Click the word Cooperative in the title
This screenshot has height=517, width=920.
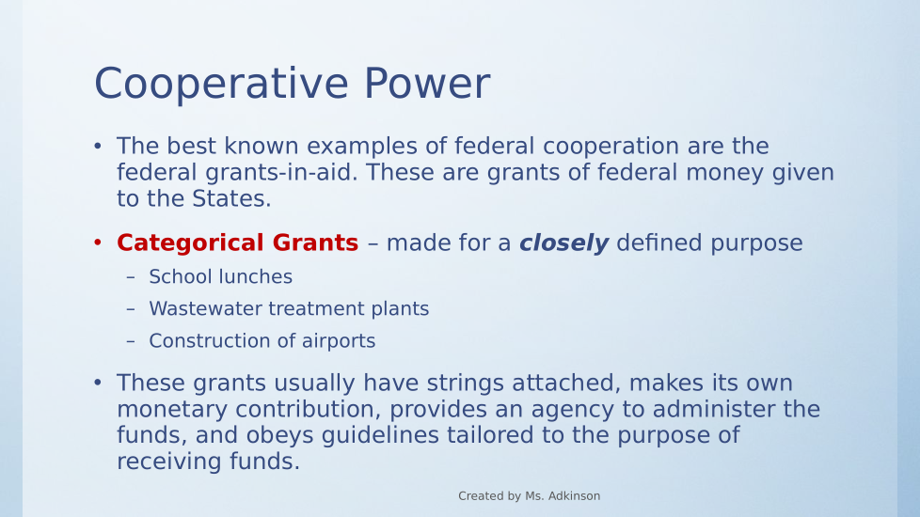pos(222,85)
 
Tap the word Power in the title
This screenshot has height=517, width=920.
pos(426,84)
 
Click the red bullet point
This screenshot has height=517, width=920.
pos(98,243)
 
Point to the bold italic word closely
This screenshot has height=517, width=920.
pos(563,243)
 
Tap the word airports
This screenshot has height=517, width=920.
pos(339,341)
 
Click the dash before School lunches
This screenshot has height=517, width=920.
pos(130,276)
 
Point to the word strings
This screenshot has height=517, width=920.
pos(466,383)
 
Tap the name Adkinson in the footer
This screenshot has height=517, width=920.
pos(574,496)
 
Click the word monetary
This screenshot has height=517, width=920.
pos(172,410)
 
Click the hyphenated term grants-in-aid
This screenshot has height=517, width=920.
pos(281,173)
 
